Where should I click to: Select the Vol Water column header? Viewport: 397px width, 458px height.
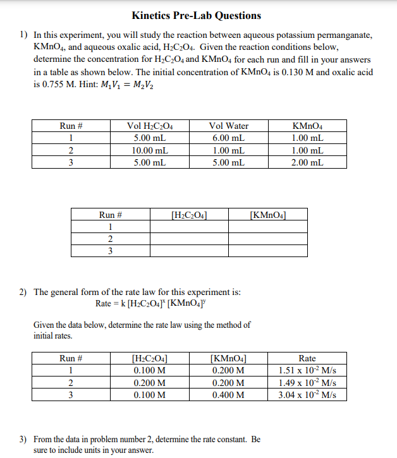coord(228,126)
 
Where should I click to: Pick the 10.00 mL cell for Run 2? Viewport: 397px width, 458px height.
coord(150,150)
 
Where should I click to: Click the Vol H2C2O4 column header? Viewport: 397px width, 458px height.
coord(150,126)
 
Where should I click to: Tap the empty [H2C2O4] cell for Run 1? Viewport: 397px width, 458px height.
coord(190,227)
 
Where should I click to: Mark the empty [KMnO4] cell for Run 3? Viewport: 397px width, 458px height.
coord(268,251)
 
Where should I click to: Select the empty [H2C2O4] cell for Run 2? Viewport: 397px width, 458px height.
coord(190,239)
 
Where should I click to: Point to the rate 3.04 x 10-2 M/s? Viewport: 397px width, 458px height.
coord(307,395)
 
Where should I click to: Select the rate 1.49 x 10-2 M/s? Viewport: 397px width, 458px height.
coord(307,383)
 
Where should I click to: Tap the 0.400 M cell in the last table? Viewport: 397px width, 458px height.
coord(228,395)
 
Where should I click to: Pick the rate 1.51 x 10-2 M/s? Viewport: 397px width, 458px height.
coord(307,371)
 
